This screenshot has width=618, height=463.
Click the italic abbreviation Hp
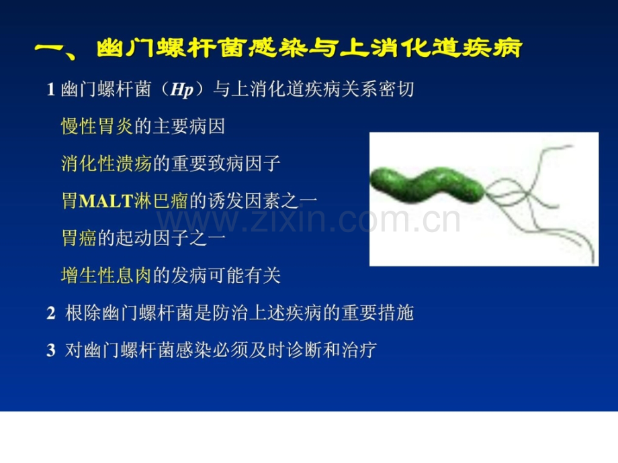click(x=181, y=90)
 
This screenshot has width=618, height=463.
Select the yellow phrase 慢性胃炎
click(x=97, y=126)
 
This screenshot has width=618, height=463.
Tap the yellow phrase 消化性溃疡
click(x=106, y=163)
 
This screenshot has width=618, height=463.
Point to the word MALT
click(x=105, y=201)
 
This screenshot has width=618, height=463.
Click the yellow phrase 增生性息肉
click(x=106, y=275)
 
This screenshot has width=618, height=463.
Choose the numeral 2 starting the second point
click(x=51, y=313)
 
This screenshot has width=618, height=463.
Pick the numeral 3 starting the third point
click(x=51, y=350)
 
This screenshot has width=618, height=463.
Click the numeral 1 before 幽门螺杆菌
click(x=51, y=89)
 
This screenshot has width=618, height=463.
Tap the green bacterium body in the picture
click(x=428, y=185)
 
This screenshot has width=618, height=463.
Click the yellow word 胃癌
click(x=79, y=238)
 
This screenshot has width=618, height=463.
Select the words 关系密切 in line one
click(x=378, y=89)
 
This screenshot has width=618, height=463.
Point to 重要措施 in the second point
click(x=378, y=313)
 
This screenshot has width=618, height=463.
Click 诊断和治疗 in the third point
click(x=331, y=350)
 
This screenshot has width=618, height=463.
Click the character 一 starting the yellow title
click(x=49, y=49)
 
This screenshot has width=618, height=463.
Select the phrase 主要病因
click(x=189, y=126)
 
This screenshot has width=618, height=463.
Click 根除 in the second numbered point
click(x=83, y=313)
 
